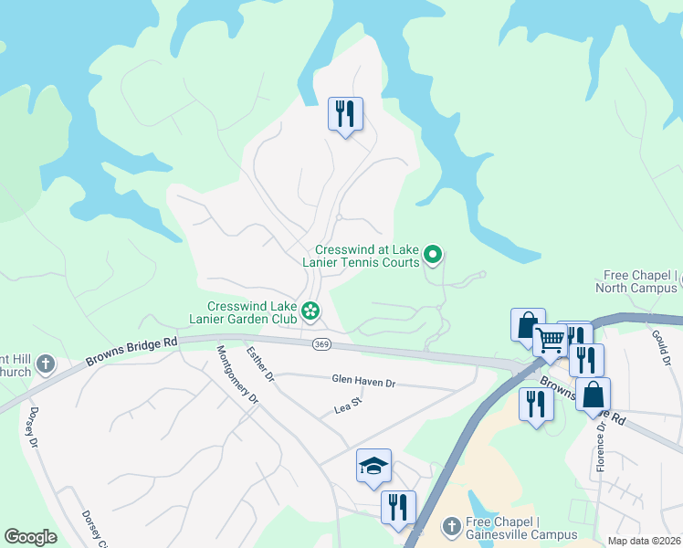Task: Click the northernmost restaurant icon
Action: (x=345, y=115)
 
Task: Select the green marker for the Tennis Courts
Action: (x=434, y=257)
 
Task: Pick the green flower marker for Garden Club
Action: (x=310, y=312)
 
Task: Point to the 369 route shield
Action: (x=320, y=344)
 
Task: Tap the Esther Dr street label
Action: (x=260, y=364)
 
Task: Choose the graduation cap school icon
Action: (x=373, y=467)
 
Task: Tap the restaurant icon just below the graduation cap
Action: (x=398, y=507)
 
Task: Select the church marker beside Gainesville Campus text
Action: (x=450, y=527)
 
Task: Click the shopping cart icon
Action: (x=550, y=341)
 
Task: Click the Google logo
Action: (x=30, y=537)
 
